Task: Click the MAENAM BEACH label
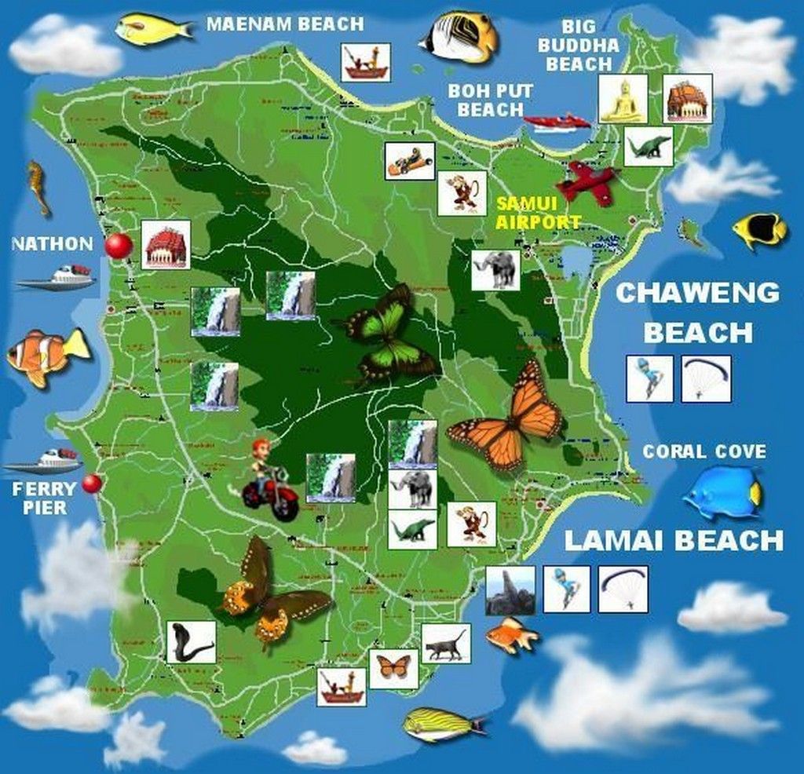click(x=285, y=24)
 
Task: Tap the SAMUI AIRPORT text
click(x=538, y=212)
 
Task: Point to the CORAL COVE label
click(x=704, y=451)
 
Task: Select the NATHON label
click(x=53, y=243)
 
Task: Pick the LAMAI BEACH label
click(x=674, y=540)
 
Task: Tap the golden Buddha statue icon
click(x=623, y=100)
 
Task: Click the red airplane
click(x=587, y=182)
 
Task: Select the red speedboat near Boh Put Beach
click(x=557, y=122)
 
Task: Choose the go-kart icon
click(x=410, y=162)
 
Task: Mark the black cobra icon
click(x=191, y=642)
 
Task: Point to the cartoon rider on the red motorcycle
click(x=268, y=480)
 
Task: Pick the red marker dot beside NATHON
click(x=119, y=246)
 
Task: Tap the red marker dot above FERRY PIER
click(x=92, y=484)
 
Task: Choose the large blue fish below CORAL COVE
click(x=723, y=492)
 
